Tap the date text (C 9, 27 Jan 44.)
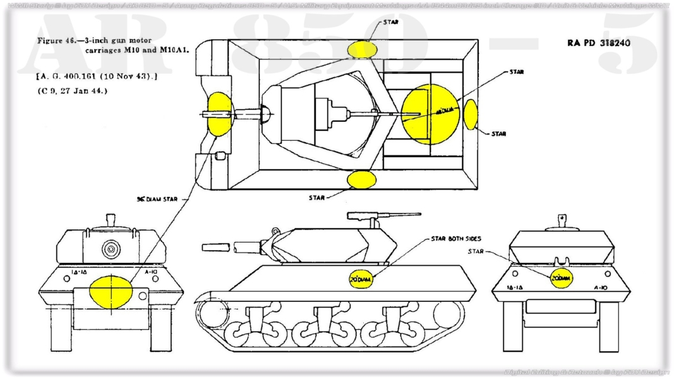[x=72, y=90]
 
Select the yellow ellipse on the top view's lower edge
[x=361, y=179]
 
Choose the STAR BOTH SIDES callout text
[x=456, y=239]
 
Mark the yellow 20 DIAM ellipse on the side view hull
[x=361, y=277]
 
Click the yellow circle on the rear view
[x=560, y=277]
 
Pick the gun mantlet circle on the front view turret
[x=111, y=249]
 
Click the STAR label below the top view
[x=317, y=197]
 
